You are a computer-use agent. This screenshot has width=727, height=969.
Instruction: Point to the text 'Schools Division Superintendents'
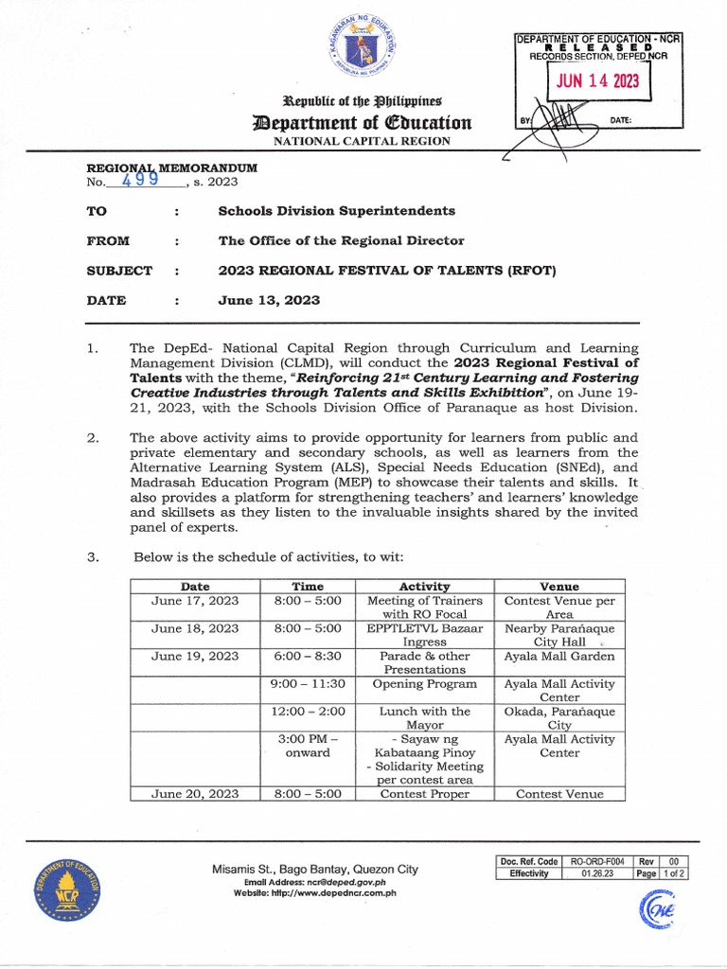(336, 210)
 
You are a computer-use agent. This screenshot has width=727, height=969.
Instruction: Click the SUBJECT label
(119, 271)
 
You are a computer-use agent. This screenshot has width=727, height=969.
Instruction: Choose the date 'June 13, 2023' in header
(269, 301)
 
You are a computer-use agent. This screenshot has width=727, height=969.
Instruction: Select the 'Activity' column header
(424, 587)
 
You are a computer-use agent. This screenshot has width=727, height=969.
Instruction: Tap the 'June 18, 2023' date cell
(196, 628)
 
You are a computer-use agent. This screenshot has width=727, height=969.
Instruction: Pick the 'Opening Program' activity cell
(424, 684)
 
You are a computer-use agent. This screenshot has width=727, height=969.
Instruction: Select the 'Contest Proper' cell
(424, 794)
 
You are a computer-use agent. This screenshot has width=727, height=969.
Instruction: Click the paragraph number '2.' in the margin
(93, 438)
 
